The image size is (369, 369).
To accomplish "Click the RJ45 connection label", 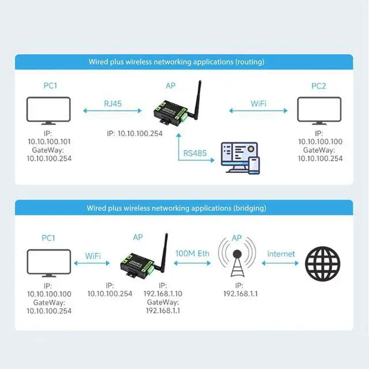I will [113, 103].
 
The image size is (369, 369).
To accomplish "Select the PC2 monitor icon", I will [319, 111].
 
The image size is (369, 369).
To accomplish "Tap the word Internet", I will [281, 254].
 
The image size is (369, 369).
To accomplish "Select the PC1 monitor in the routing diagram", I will [49, 111].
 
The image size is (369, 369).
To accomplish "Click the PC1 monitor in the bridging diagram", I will [49, 263].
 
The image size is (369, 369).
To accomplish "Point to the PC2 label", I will [319, 86].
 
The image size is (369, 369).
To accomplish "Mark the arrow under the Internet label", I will [281, 262].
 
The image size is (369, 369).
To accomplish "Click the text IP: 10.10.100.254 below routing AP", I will [135, 133].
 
